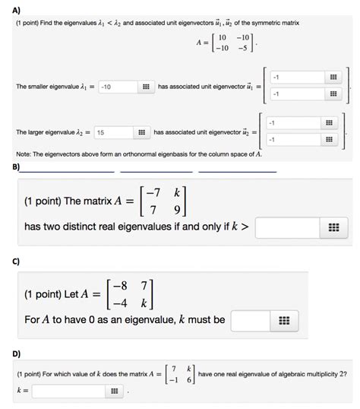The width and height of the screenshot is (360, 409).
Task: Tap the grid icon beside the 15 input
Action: pos(140,132)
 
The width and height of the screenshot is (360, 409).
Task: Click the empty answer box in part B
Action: pos(284,227)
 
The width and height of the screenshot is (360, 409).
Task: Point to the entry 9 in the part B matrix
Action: pos(178,209)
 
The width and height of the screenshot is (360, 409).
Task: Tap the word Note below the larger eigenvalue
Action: pos(24,153)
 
